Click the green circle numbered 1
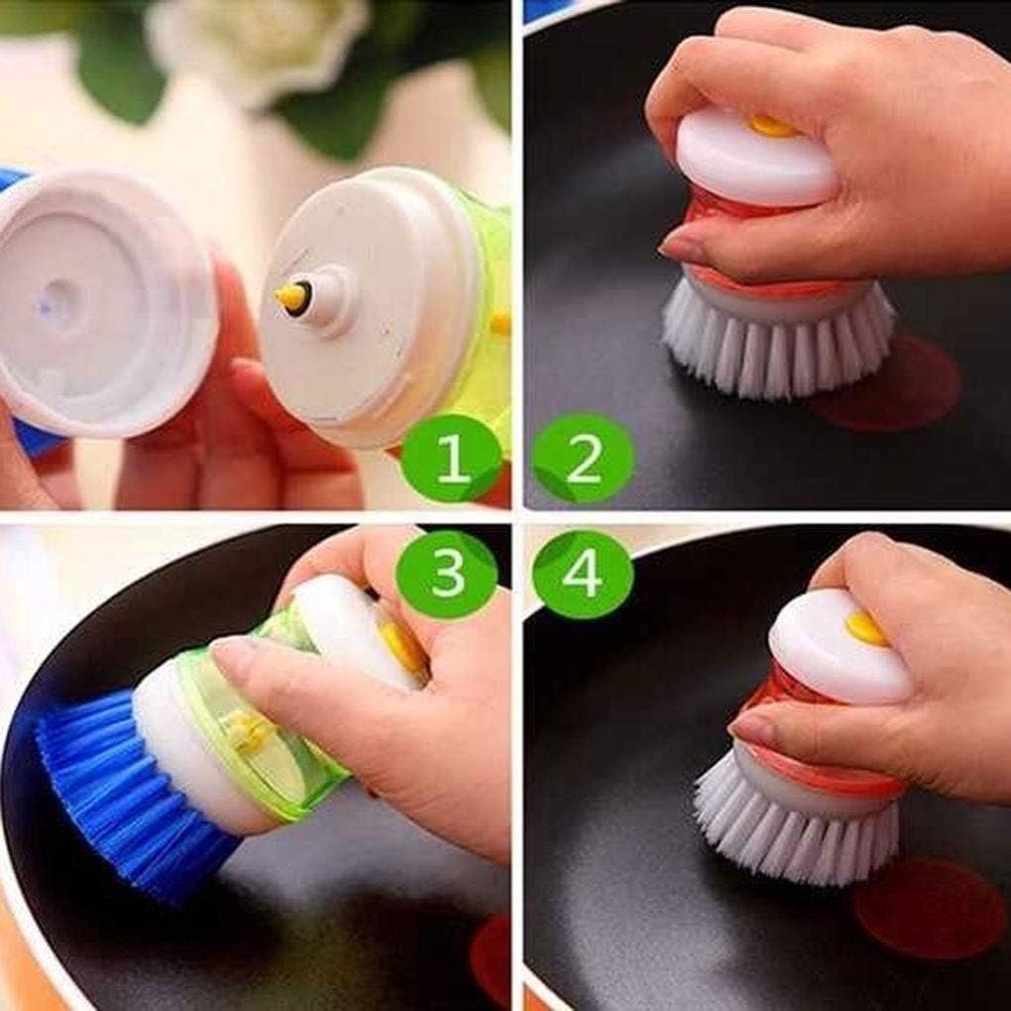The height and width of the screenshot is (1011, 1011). click(x=451, y=458)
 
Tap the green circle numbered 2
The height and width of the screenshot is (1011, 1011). click(x=583, y=458)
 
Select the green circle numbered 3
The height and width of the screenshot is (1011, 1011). click(x=446, y=574)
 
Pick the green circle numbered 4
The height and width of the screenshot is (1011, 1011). click(x=583, y=574)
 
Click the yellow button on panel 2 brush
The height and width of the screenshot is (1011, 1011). click(x=771, y=126)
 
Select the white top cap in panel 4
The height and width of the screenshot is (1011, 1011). click(x=838, y=649)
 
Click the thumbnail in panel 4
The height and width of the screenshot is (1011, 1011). click(x=753, y=730)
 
